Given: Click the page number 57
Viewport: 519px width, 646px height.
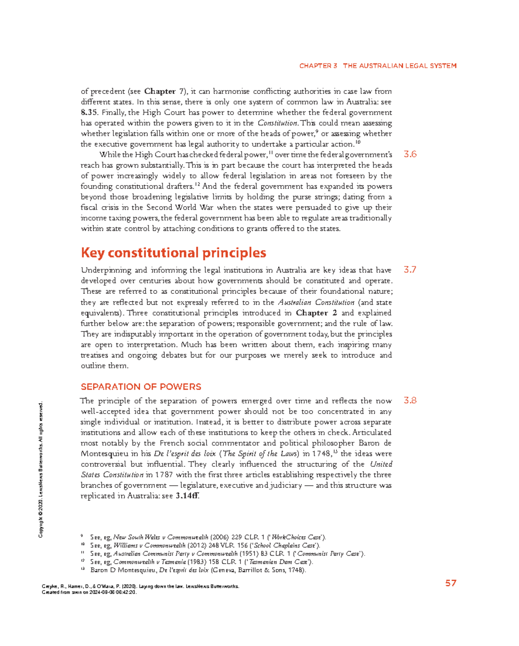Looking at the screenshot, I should coord(451,583).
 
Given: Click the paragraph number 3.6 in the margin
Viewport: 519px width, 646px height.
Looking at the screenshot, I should coord(410,154).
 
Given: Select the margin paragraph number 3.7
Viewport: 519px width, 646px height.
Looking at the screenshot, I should coord(410,270).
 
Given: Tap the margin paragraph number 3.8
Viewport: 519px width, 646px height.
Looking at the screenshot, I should coord(410,401).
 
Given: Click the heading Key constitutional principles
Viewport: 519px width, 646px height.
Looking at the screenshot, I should coord(173,253).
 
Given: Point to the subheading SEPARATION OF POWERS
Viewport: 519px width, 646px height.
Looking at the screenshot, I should coord(141,387).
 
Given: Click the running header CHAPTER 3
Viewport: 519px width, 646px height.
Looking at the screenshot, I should coord(318,66).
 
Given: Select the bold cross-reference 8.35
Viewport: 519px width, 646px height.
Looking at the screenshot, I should coord(89,112).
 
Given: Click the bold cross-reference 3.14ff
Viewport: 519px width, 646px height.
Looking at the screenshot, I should coord(187,496).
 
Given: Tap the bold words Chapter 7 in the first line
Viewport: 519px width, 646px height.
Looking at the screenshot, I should coord(163,91).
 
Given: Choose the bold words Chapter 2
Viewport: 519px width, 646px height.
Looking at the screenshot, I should coord(316,313).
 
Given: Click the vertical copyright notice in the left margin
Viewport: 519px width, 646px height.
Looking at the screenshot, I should coord(41,470).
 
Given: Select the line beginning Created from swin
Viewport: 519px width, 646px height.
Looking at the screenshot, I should coord(89,592).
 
